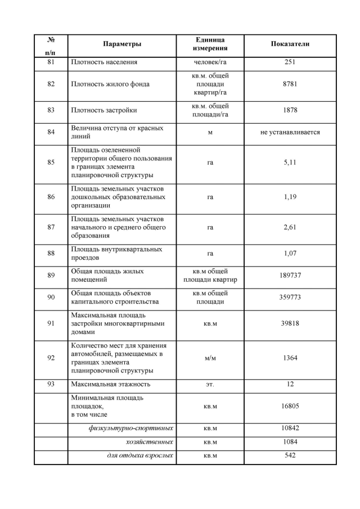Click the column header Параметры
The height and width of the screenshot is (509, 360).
[x=122, y=44]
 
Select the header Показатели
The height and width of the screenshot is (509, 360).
[x=290, y=44]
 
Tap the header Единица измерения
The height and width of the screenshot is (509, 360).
[x=210, y=44]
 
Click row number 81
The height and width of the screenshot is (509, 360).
[x=51, y=62]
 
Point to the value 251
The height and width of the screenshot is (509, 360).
[x=290, y=62]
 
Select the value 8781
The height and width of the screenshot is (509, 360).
[x=290, y=84]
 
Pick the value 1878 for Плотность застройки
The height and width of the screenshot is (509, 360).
[x=290, y=110]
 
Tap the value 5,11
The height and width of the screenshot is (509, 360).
[x=290, y=162]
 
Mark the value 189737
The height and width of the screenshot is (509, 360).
[x=290, y=276]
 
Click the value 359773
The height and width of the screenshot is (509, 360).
[x=290, y=298]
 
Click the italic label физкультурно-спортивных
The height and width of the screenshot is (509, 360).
[x=130, y=428]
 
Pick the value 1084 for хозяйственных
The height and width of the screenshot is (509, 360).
[x=290, y=442]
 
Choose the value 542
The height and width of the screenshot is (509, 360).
[x=290, y=455]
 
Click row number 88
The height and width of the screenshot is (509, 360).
[x=51, y=254]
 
